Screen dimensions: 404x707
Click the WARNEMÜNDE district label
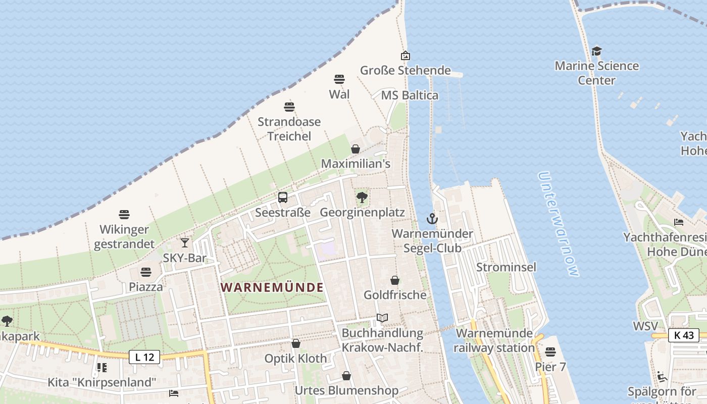click(x=272, y=287)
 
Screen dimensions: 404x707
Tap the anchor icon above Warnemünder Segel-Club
click(x=432, y=219)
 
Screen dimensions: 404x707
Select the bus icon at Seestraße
click(x=283, y=197)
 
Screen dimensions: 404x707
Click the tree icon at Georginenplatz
click(x=362, y=197)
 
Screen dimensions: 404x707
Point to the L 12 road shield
click(x=144, y=357)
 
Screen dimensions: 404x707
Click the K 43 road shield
click(x=684, y=335)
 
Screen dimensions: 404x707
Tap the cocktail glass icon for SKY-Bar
click(x=185, y=243)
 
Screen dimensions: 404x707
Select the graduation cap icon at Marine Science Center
click(x=597, y=51)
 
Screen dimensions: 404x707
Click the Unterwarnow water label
click(x=558, y=224)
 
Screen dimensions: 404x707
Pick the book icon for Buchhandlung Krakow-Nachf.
click(x=382, y=318)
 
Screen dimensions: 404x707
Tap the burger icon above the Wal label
click(x=339, y=79)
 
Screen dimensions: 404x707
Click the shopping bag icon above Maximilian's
click(x=356, y=149)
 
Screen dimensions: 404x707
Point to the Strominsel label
click(x=506, y=267)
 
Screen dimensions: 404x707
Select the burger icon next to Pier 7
click(x=550, y=351)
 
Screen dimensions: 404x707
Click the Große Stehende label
click(x=405, y=70)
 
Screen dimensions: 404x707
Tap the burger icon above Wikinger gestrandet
click(x=124, y=215)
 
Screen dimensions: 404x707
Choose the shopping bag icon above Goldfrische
click(x=395, y=280)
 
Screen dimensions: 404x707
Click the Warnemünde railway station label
click(x=494, y=340)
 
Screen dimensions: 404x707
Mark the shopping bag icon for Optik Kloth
click(x=296, y=343)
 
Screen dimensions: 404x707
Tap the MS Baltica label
click(x=410, y=95)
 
